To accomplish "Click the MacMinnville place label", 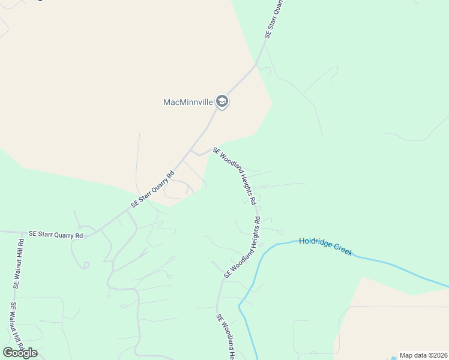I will pyautogui.click(x=188, y=102).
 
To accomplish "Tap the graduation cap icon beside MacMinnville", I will pyautogui.click(x=223, y=101).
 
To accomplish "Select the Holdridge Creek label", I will pyautogui.click(x=325, y=247).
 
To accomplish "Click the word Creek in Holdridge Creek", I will pyautogui.click(x=341, y=250).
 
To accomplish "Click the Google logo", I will pyautogui.click(x=20, y=353).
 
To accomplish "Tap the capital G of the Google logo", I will pyautogui.click(x=8, y=353).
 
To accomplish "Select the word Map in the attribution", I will pyautogui.click(x=406, y=355).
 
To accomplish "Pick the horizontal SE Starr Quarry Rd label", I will pyautogui.click(x=56, y=235).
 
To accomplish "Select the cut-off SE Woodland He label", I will pyautogui.click(x=224, y=337).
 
